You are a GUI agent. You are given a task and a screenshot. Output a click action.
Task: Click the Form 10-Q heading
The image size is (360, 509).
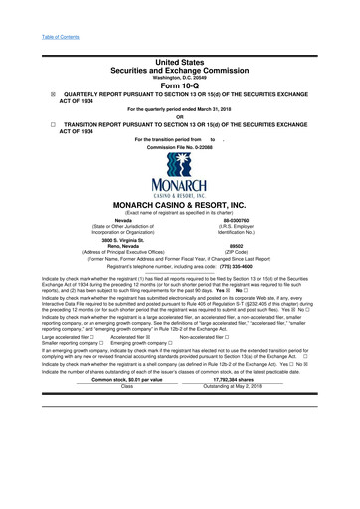click(179, 83)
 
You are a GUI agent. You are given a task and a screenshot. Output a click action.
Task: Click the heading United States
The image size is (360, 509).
click(180, 61)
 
